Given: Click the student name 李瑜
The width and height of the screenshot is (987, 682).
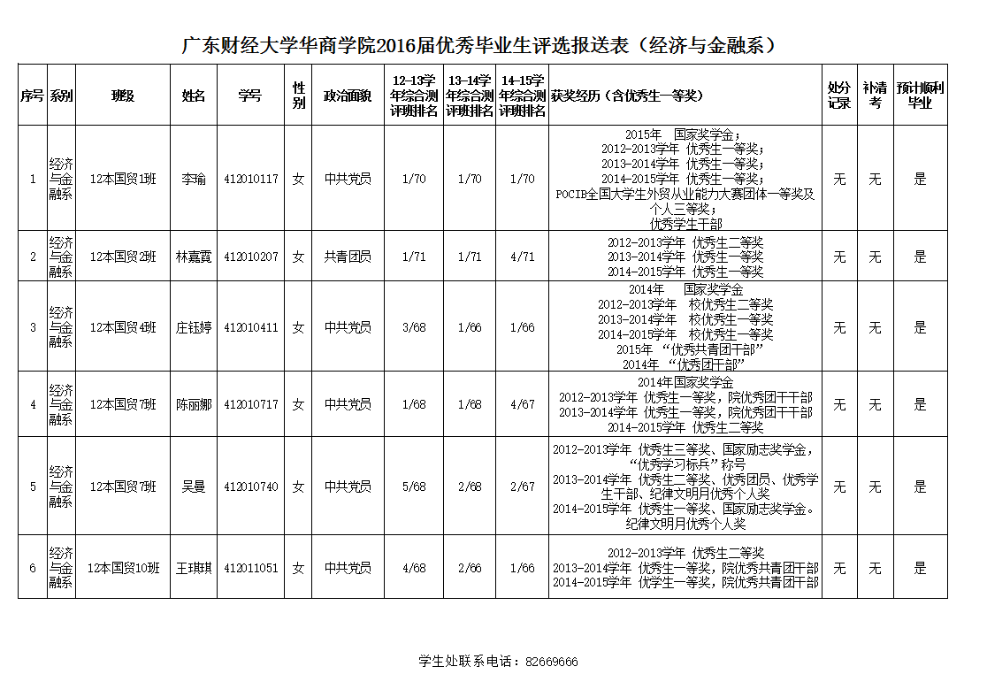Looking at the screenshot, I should pyautogui.click(x=193, y=179).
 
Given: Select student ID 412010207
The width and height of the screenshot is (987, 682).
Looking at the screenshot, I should pyautogui.click(x=251, y=257).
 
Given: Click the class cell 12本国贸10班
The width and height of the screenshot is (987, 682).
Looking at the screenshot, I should pyautogui.click(x=123, y=568).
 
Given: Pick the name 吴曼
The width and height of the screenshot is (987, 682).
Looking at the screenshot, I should pyautogui.click(x=193, y=487).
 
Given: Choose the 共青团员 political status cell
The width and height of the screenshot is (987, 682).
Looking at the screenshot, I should pyautogui.click(x=348, y=257).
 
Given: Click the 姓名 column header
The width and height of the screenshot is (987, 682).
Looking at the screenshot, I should pyautogui.click(x=193, y=96).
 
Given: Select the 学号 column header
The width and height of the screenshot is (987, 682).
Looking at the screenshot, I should pyautogui.click(x=250, y=96).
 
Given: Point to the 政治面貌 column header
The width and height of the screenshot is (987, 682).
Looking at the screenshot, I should pyautogui.click(x=348, y=96).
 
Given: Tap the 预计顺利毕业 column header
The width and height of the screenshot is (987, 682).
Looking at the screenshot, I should pyautogui.click(x=920, y=96).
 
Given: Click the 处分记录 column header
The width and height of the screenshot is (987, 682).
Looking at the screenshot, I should pyautogui.click(x=838, y=96).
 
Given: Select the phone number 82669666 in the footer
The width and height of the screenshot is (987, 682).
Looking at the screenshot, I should pyautogui.click(x=551, y=662).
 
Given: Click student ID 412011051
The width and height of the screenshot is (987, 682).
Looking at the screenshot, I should pyautogui.click(x=251, y=568).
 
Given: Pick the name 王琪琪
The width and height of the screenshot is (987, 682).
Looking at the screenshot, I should pyautogui.click(x=193, y=568).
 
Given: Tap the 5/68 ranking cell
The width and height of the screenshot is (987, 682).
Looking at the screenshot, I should pyautogui.click(x=414, y=487).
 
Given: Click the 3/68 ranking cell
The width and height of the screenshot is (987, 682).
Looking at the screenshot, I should pyautogui.click(x=414, y=327).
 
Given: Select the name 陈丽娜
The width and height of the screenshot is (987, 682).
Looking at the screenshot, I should pyautogui.click(x=193, y=404).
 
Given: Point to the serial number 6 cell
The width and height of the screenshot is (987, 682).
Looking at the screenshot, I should pyautogui.click(x=33, y=568).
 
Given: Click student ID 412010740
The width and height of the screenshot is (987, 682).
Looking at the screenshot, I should pyautogui.click(x=251, y=487).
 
